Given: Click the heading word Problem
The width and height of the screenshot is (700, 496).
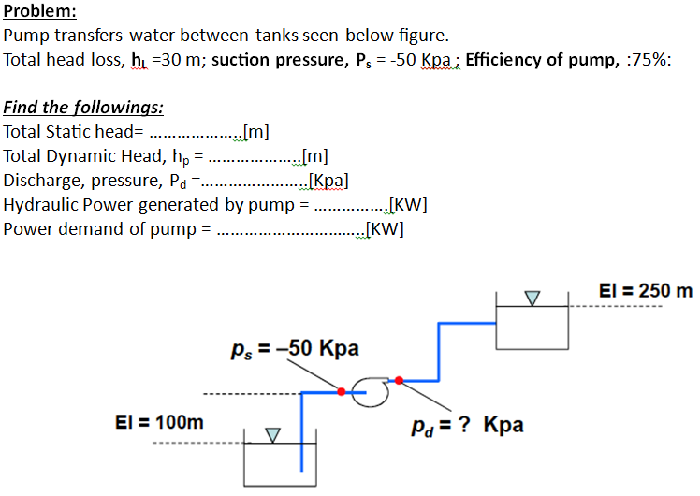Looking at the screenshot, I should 40,13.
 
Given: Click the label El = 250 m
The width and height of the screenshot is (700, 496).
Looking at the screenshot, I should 646,290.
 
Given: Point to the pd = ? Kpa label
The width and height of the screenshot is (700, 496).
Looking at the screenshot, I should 467,427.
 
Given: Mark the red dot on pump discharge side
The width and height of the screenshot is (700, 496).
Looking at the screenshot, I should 400,380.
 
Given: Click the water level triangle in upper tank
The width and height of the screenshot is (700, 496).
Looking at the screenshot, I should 532,299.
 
